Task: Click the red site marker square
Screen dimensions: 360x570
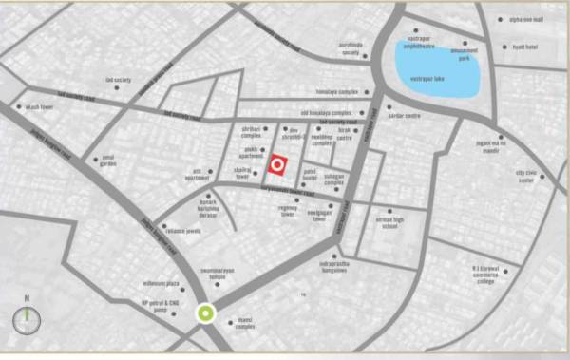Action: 276,164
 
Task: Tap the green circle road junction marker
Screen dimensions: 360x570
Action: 204,314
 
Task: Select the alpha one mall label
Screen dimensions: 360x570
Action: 525,19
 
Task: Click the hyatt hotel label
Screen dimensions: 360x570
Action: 523,46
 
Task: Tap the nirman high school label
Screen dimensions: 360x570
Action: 389,221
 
